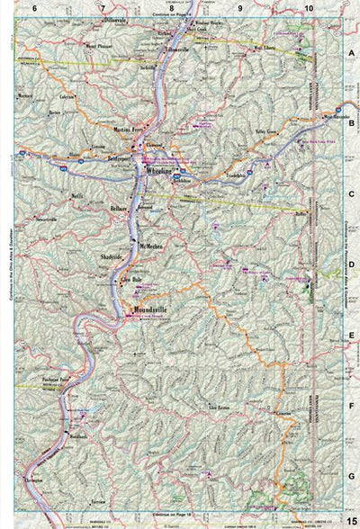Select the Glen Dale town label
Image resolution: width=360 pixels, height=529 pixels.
(132, 279)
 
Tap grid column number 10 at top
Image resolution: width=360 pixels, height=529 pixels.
(309, 7)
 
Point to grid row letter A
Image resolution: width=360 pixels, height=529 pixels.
(352, 54)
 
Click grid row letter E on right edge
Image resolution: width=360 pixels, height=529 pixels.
(352, 334)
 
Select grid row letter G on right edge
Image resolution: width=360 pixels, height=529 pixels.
(352, 475)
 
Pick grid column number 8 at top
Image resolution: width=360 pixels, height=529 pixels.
(171, 7)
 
